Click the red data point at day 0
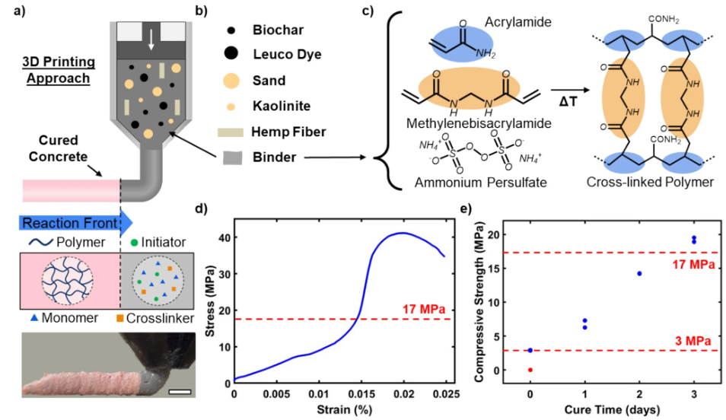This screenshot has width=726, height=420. (530, 370)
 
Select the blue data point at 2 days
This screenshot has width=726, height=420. (639, 273)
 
